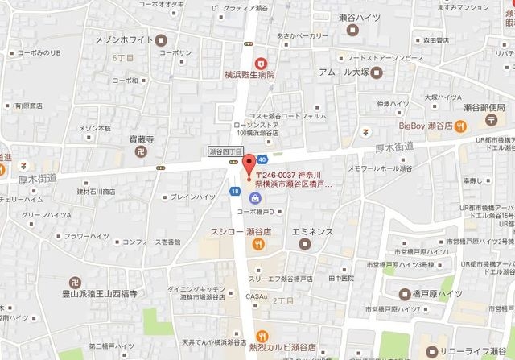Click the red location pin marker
(248, 163)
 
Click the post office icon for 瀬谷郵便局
(491, 118)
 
